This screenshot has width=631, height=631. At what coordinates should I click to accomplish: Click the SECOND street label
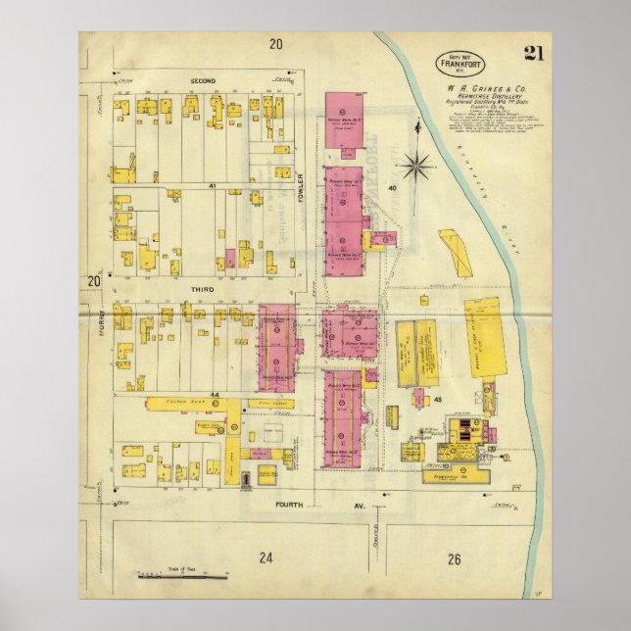tap(203, 79)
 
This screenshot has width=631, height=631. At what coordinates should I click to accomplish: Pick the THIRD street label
tap(203, 290)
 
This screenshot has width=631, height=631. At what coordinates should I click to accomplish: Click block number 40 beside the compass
tap(392, 187)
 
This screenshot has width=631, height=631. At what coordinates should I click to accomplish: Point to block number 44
tap(211, 395)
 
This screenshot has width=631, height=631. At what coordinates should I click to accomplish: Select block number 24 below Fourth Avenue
tap(264, 559)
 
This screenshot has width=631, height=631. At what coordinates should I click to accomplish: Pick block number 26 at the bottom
tap(453, 559)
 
